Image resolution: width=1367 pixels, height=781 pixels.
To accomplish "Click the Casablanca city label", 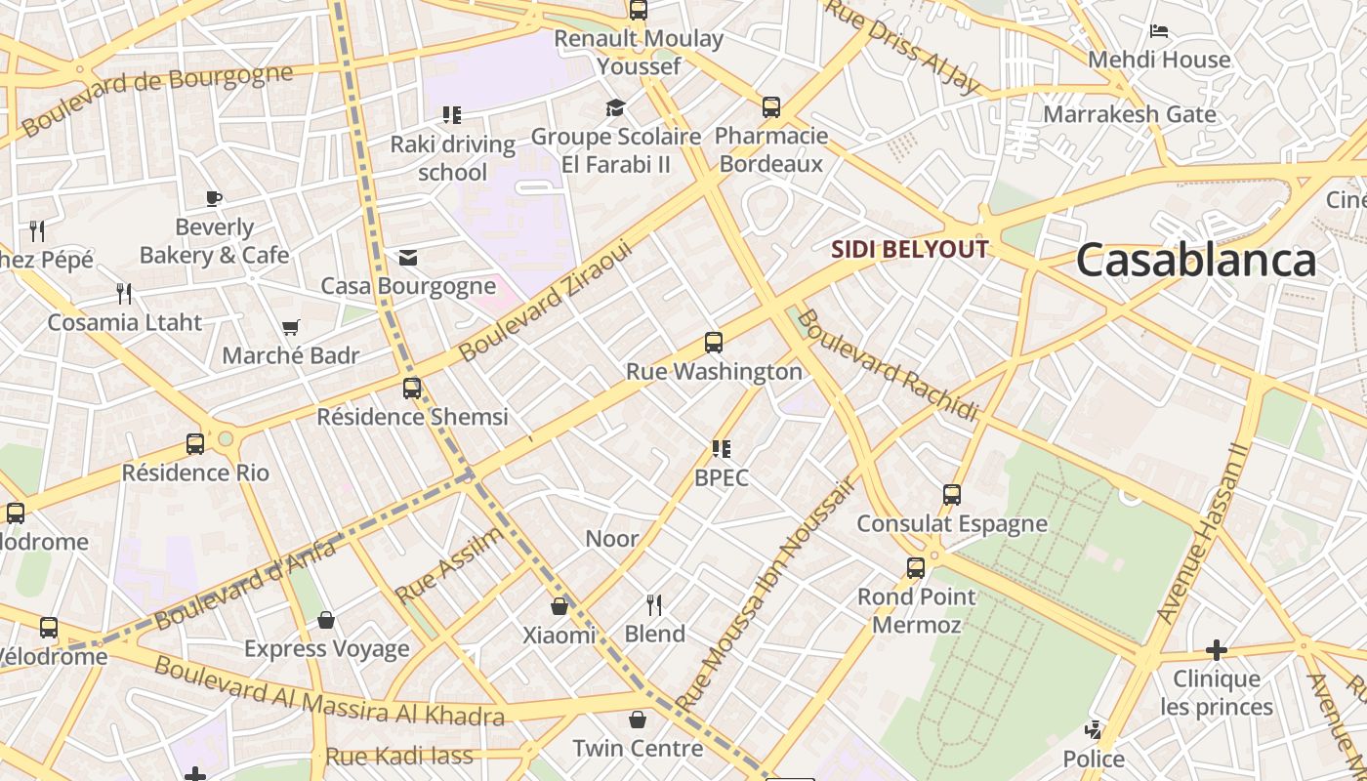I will (1195, 261).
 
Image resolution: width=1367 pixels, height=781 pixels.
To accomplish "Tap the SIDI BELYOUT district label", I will (909, 249).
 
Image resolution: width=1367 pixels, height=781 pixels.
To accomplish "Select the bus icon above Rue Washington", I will (714, 343).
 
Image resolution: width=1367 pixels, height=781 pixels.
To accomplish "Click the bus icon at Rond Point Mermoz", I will (915, 567).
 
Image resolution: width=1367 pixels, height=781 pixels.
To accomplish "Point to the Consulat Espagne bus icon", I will (952, 494).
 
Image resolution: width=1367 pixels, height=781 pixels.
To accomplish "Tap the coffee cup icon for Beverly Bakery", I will (214, 198).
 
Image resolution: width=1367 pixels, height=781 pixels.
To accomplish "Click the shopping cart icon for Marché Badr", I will (290, 327).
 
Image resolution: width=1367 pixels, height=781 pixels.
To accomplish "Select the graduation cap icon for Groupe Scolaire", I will (615, 107).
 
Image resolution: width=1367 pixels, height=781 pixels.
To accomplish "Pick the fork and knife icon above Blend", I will (654, 605).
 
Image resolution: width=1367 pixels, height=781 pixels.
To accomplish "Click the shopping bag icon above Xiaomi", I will (559, 606).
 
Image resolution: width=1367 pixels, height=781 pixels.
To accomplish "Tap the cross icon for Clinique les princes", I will (1216, 649).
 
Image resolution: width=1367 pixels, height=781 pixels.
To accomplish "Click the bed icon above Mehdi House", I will (1159, 31).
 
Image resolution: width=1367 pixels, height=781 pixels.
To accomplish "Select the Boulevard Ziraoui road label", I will (546, 302).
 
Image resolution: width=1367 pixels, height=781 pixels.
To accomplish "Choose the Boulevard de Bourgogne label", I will (156, 100).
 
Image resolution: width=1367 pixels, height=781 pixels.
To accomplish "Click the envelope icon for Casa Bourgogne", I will (408, 258).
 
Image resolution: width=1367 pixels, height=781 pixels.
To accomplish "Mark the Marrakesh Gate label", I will (1129, 114).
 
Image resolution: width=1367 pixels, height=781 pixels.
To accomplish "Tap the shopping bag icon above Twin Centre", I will (638, 719).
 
